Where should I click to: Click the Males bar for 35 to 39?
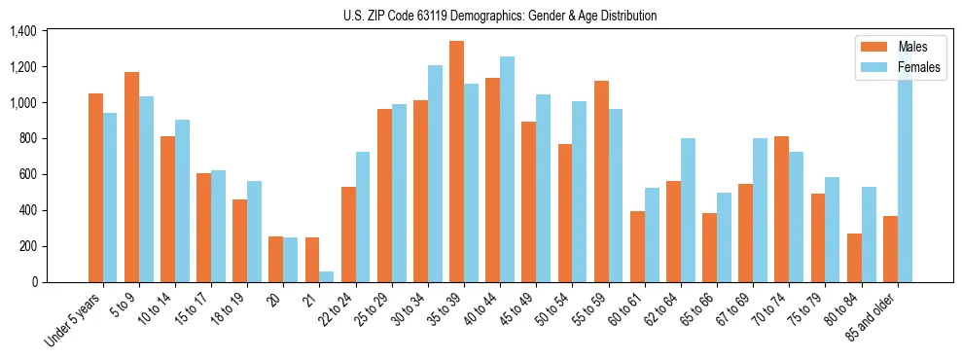(456, 162)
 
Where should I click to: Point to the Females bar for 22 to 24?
(362, 217)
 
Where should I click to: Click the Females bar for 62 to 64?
(688, 210)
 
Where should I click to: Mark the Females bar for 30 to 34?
(435, 173)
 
